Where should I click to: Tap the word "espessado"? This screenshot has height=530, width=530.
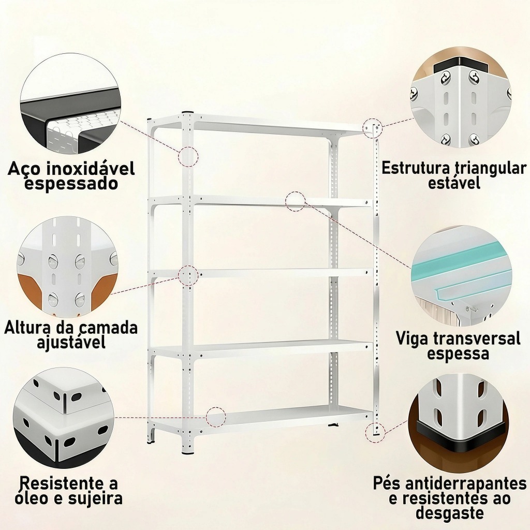(x=71, y=184)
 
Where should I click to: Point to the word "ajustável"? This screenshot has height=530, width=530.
(x=71, y=342)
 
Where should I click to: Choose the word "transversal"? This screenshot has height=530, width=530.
(x=477, y=338)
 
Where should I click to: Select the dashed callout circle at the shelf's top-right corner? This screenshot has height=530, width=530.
(x=373, y=128)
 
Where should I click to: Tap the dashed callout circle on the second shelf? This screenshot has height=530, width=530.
(x=296, y=202)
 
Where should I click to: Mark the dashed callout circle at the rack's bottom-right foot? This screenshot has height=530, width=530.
(x=375, y=432)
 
